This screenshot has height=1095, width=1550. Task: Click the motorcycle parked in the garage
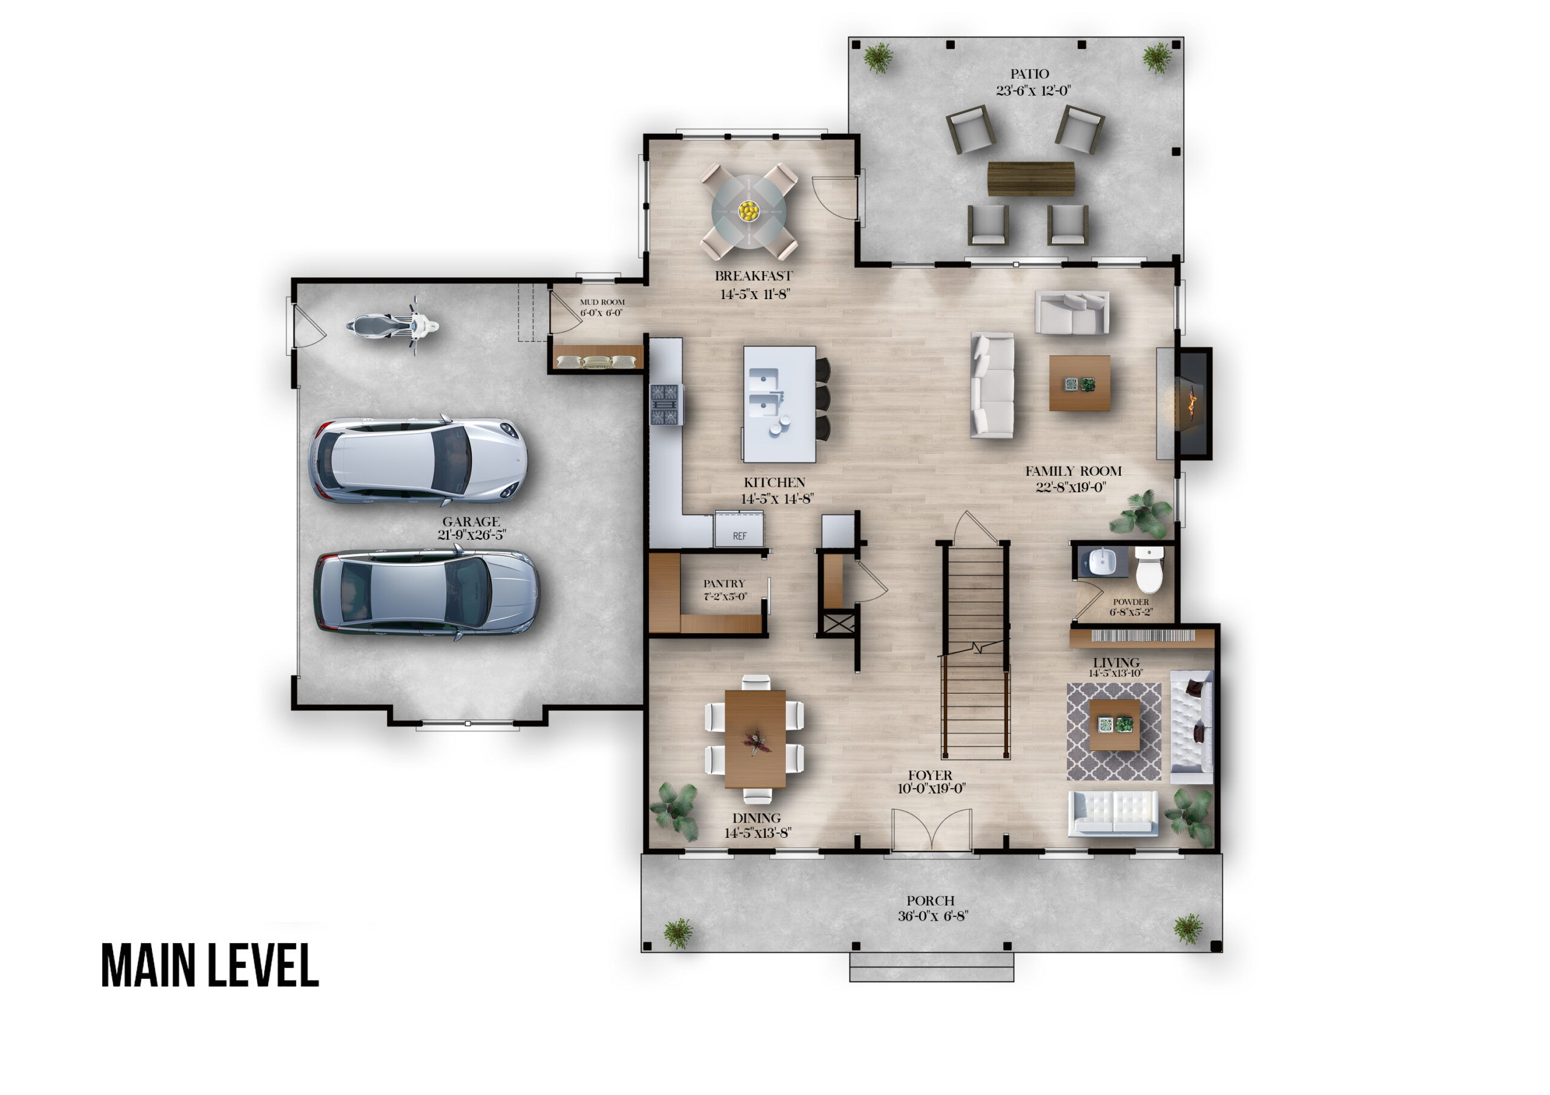point(392,326)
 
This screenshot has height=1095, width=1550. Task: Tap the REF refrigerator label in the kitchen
point(740,536)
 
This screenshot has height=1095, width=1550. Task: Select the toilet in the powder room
point(1149,569)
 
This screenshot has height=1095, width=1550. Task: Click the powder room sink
point(1102,561)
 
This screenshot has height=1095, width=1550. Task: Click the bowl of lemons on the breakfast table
point(748,211)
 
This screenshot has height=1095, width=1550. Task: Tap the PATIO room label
point(1029,74)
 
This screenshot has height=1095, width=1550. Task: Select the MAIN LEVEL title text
point(210,966)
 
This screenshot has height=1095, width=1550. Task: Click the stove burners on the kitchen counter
point(666,404)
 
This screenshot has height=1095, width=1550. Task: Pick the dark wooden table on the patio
point(1031,178)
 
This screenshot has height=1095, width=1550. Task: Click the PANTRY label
point(724,584)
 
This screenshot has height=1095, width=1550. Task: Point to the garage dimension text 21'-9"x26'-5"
point(471,534)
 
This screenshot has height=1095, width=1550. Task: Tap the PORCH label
point(930,901)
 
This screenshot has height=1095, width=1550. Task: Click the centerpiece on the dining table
point(756,742)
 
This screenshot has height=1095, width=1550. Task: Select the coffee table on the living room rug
point(1115,725)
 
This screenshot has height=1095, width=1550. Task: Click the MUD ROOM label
point(602,302)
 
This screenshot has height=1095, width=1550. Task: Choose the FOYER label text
point(930,775)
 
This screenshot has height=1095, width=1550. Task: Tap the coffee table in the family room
point(1080,383)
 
